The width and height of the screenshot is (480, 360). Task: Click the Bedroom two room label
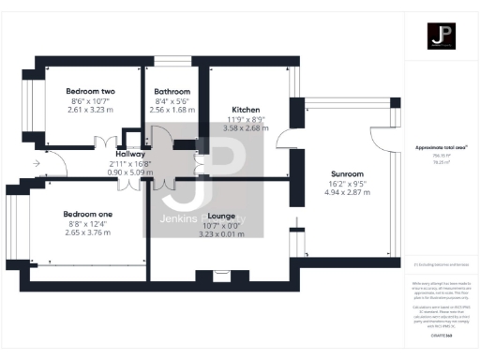pos(89,91)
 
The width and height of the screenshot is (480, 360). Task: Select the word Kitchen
pos(245,109)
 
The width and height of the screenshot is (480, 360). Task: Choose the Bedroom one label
pos(87,215)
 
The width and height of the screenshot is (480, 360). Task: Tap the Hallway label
pos(130,153)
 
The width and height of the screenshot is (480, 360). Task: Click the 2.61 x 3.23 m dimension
pos(89,110)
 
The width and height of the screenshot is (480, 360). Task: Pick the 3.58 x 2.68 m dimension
pos(245,127)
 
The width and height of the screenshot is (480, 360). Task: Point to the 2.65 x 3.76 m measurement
pos(87,233)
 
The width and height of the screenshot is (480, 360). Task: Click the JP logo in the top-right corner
pos(442,37)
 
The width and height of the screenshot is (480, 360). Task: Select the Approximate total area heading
pos(442,148)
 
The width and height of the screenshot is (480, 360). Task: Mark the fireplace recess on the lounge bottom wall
pos(221,276)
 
